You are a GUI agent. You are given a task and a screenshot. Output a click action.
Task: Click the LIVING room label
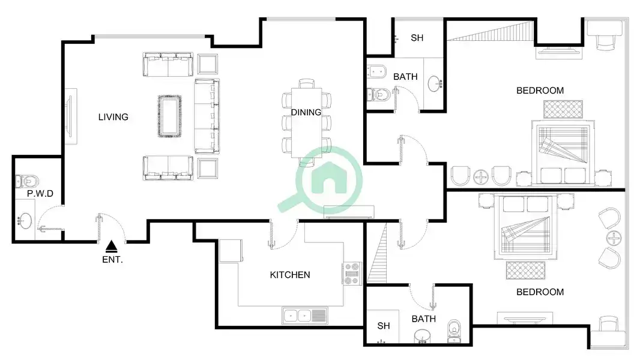coord(113,117)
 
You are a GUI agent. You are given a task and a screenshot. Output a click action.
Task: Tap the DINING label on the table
coord(306,112)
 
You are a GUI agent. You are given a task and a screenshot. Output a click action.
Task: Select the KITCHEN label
coord(290,275)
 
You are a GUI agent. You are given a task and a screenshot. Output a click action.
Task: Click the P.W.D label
coord(40,194)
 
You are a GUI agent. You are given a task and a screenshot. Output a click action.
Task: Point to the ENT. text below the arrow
coord(112,260)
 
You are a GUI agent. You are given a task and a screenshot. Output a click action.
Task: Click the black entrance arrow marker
coord(112,246)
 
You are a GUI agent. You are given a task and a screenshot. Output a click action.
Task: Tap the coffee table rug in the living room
coord(169,116)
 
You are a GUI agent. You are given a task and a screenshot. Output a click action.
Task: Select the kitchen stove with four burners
coord(352,274)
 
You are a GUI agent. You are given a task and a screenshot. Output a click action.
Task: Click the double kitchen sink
coord(304,316)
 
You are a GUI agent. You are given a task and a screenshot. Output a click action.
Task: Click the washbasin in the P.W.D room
coord(25,221)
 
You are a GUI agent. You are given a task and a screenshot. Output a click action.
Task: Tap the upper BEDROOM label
coord(540,91)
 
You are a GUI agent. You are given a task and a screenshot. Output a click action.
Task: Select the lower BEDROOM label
coord(540,292)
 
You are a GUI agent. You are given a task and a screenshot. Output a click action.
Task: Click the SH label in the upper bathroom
coord(417,38)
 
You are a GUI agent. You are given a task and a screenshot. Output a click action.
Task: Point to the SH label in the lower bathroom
coord(383,326)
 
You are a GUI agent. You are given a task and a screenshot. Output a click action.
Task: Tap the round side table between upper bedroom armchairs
coord(481,177)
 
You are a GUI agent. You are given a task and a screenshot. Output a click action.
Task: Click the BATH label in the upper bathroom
coord(405,77)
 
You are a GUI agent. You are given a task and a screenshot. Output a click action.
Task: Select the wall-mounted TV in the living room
coord(70,116)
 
